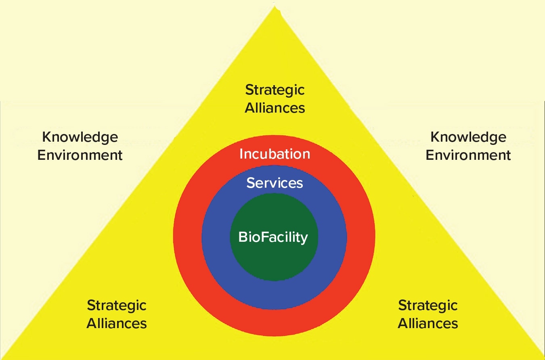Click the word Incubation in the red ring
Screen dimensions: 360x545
click(x=275, y=154)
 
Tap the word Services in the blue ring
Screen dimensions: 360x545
click(x=275, y=183)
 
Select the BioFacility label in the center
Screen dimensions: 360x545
click(x=273, y=237)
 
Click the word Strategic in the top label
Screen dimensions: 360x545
click(x=275, y=90)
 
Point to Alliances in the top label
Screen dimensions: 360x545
click(x=275, y=108)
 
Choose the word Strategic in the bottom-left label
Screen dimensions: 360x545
click(x=117, y=305)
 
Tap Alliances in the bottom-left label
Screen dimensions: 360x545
click(x=117, y=323)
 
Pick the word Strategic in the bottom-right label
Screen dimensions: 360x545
click(x=428, y=305)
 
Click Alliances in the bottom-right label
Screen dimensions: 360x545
click(x=428, y=323)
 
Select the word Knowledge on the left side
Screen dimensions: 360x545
click(x=80, y=137)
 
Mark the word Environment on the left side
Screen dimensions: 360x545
click(x=80, y=155)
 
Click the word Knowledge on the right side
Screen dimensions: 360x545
click(x=468, y=137)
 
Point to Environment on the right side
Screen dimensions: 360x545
click(x=468, y=155)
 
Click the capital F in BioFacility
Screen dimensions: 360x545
click(x=263, y=237)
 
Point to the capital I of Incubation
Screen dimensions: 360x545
click(x=241, y=154)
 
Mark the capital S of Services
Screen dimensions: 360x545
click(x=251, y=183)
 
